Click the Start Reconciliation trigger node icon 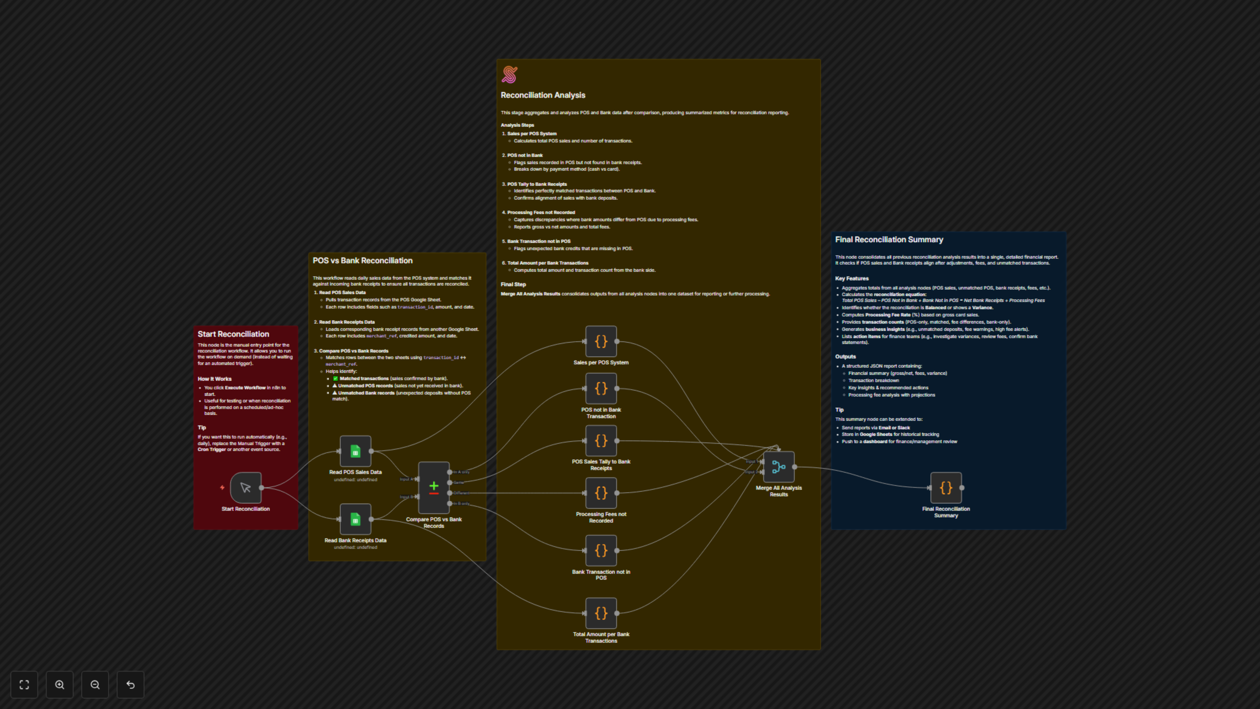245,487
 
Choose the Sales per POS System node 601,341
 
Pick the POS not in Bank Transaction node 601,389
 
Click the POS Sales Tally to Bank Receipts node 601,440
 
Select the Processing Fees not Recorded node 601,493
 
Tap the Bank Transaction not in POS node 601,550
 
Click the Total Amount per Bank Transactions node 601,613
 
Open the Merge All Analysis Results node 779,467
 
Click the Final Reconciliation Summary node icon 946,487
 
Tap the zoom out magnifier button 95,684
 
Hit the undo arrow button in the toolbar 131,684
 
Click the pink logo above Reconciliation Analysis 509,75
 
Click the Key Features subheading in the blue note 851,278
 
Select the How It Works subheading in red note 214,379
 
